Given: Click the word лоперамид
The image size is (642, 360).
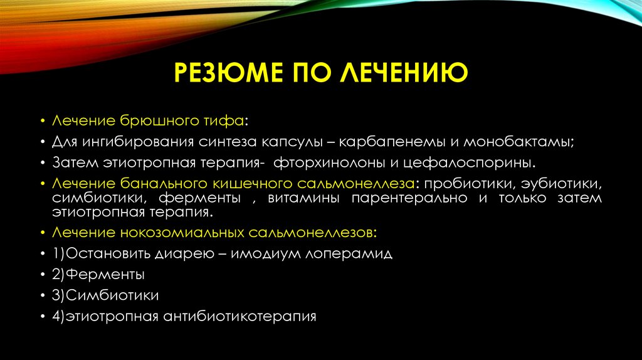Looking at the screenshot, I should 347,254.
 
